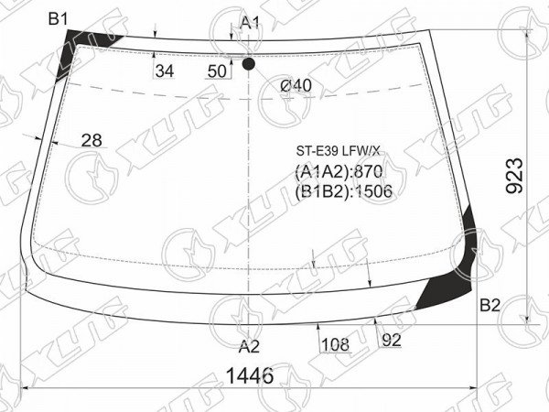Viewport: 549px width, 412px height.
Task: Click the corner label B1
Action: (59, 18)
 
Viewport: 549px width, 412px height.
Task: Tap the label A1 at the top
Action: (251, 23)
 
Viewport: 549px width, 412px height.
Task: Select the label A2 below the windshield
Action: (249, 347)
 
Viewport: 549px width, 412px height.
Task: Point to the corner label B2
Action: (490, 306)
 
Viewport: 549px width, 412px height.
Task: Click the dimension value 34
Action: (165, 71)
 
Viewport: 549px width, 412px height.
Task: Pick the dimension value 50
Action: (217, 71)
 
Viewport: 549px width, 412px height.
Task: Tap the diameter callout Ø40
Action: (296, 85)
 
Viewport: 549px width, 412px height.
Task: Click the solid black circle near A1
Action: (248, 64)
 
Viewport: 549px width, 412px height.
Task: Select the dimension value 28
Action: (91, 140)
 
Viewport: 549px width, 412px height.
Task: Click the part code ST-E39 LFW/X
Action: (338, 151)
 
